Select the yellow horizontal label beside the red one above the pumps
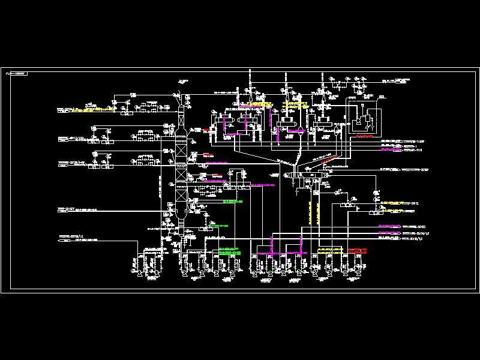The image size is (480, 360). (329, 248)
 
